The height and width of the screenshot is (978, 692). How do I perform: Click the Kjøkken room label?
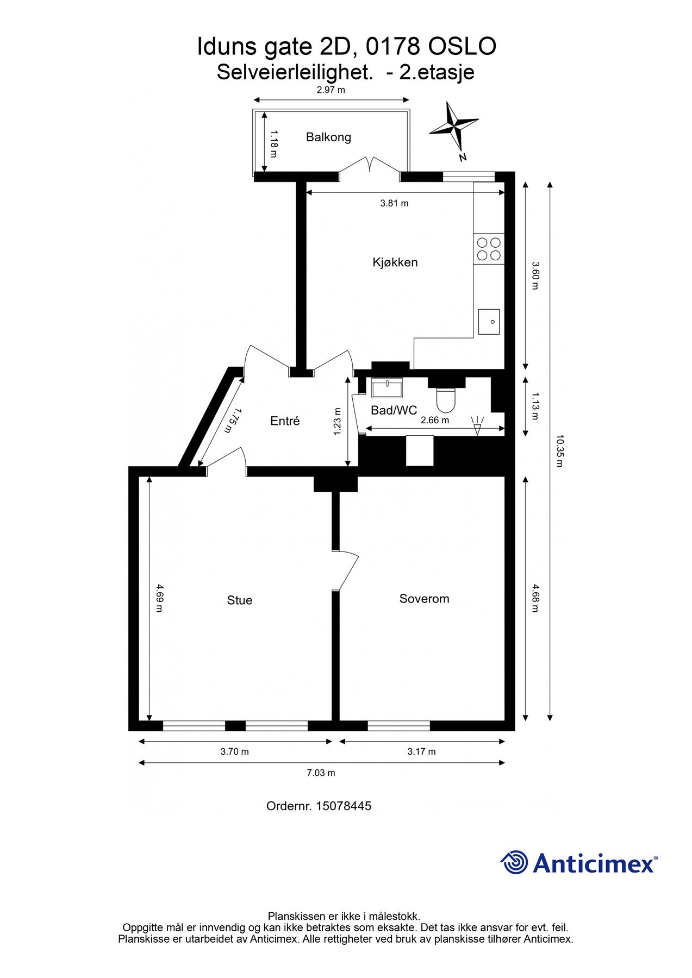395,262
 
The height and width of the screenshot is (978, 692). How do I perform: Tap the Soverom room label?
424,599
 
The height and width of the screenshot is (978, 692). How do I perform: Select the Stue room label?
240,600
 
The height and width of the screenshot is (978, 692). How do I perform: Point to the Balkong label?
328,137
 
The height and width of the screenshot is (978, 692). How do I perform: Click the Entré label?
285,421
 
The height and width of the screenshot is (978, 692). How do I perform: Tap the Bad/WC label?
394,410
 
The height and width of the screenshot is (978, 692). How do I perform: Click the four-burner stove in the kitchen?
489,249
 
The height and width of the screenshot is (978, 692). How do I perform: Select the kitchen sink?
489,322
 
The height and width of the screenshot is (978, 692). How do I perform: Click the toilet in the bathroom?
447,398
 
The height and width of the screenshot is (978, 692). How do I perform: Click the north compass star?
453,127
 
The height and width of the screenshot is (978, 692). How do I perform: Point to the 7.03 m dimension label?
321,773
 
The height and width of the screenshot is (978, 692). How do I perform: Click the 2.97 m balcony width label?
331,90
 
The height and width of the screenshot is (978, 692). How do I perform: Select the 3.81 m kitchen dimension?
394,204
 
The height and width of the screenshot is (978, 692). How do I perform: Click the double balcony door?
370,166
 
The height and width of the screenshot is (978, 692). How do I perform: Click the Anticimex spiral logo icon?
514,862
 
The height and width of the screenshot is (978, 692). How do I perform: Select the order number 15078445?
344,806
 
